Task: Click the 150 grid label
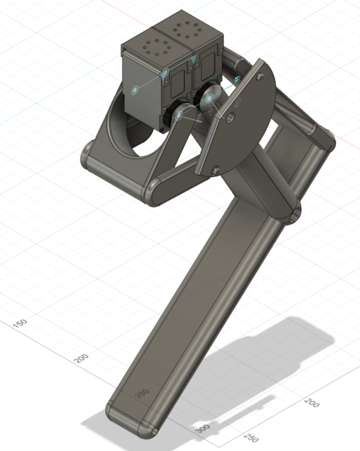click(x=20, y=322)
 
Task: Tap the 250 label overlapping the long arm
click(x=142, y=393)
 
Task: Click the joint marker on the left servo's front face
click(x=135, y=89)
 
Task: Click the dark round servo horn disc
click(x=211, y=102)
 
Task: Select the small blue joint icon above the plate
click(x=239, y=78)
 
